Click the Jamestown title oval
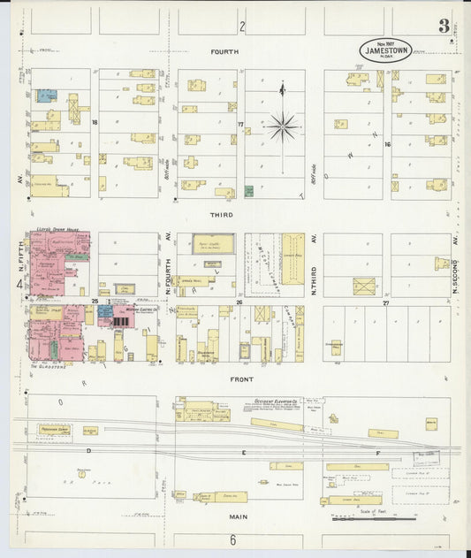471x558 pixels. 385,50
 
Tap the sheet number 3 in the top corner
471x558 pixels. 443,26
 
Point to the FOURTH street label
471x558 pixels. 224,52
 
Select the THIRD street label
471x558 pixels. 221,215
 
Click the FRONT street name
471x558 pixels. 242,378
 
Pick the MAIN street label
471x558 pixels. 238,516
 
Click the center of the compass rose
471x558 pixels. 283,127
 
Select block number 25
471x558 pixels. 93,302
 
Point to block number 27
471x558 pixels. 385,302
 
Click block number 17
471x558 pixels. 239,125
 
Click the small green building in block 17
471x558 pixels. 249,191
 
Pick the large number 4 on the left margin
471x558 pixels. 19,284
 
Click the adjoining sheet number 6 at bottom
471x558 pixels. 233,539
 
